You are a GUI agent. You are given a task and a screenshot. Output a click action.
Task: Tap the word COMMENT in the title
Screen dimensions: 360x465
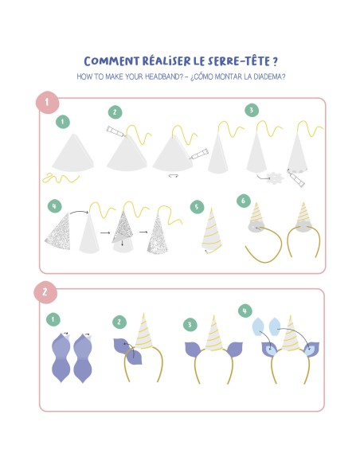[x=112, y=61]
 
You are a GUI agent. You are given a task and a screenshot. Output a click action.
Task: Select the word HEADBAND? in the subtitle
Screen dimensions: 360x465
[x=164, y=76]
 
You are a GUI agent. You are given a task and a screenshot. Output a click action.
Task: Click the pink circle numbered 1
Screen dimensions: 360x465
[x=47, y=102]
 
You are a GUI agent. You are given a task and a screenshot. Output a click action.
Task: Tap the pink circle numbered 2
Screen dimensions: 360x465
[x=45, y=292]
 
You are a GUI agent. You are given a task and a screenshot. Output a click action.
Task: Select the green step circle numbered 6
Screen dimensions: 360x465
[x=244, y=201]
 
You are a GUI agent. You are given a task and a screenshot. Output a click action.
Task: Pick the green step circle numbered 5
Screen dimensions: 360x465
[x=197, y=207]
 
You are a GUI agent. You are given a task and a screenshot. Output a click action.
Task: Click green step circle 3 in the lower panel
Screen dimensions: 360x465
[x=190, y=324]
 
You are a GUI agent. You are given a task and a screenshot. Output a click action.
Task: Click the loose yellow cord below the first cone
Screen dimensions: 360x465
[x=61, y=178]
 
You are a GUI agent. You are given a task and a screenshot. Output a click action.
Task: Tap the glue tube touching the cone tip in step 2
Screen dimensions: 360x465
[x=116, y=131]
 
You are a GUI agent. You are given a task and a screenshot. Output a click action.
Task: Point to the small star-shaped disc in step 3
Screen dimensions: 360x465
[x=275, y=178]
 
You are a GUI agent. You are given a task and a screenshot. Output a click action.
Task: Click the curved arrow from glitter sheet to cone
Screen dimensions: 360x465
[x=79, y=211]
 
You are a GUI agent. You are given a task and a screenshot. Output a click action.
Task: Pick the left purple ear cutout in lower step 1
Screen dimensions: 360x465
[x=61, y=358]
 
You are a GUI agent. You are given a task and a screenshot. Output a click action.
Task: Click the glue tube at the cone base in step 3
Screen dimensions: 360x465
[x=296, y=178]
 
